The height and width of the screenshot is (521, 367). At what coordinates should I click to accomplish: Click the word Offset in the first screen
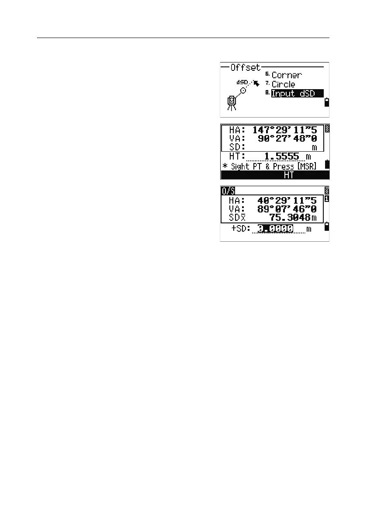coord(246,68)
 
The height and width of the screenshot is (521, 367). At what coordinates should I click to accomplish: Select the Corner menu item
coord(287,75)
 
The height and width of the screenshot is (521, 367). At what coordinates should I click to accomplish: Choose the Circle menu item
coord(283,84)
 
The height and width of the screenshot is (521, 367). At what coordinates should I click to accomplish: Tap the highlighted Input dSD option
coord(297,94)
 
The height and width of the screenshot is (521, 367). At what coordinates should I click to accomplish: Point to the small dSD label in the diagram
coord(242,82)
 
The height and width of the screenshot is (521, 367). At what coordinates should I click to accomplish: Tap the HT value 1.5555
coord(282,156)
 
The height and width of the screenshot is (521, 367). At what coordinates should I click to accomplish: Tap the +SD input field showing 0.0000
coord(275,229)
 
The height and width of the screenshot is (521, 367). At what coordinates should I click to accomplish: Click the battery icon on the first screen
coord(325,103)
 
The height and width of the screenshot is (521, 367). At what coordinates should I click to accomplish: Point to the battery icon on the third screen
coord(325,226)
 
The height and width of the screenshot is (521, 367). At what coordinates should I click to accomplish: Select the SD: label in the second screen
coord(236,147)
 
